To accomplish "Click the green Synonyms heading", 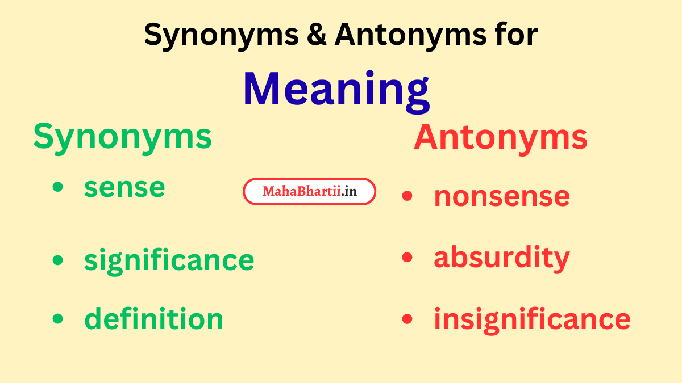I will pyautogui.click(x=122, y=137).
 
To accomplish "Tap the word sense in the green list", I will pyautogui.click(x=124, y=188).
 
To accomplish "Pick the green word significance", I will pyautogui.click(x=169, y=260).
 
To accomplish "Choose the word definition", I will pyautogui.click(x=153, y=318).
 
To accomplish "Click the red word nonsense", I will pyautogui.click(x=501, y=196).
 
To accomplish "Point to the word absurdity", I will pyautogui.click(x=501, y=258).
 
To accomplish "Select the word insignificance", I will pyautogui.click(x=532, y=318).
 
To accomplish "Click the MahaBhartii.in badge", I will pyautogui.click(x=310, y=192).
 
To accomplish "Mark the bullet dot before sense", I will pyautogui.click(x=57, y=187).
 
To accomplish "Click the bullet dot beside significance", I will pyautogui.click(x=57, y=260).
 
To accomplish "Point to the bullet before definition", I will pyautogui.click(x=57, y=318).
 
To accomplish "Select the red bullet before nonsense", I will pyautogui.click(x=407, y=196).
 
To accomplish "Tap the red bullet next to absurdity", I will pyautogui.click(x=407, y=257).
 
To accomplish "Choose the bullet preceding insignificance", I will pyautogui.click(x=407, y=318).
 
